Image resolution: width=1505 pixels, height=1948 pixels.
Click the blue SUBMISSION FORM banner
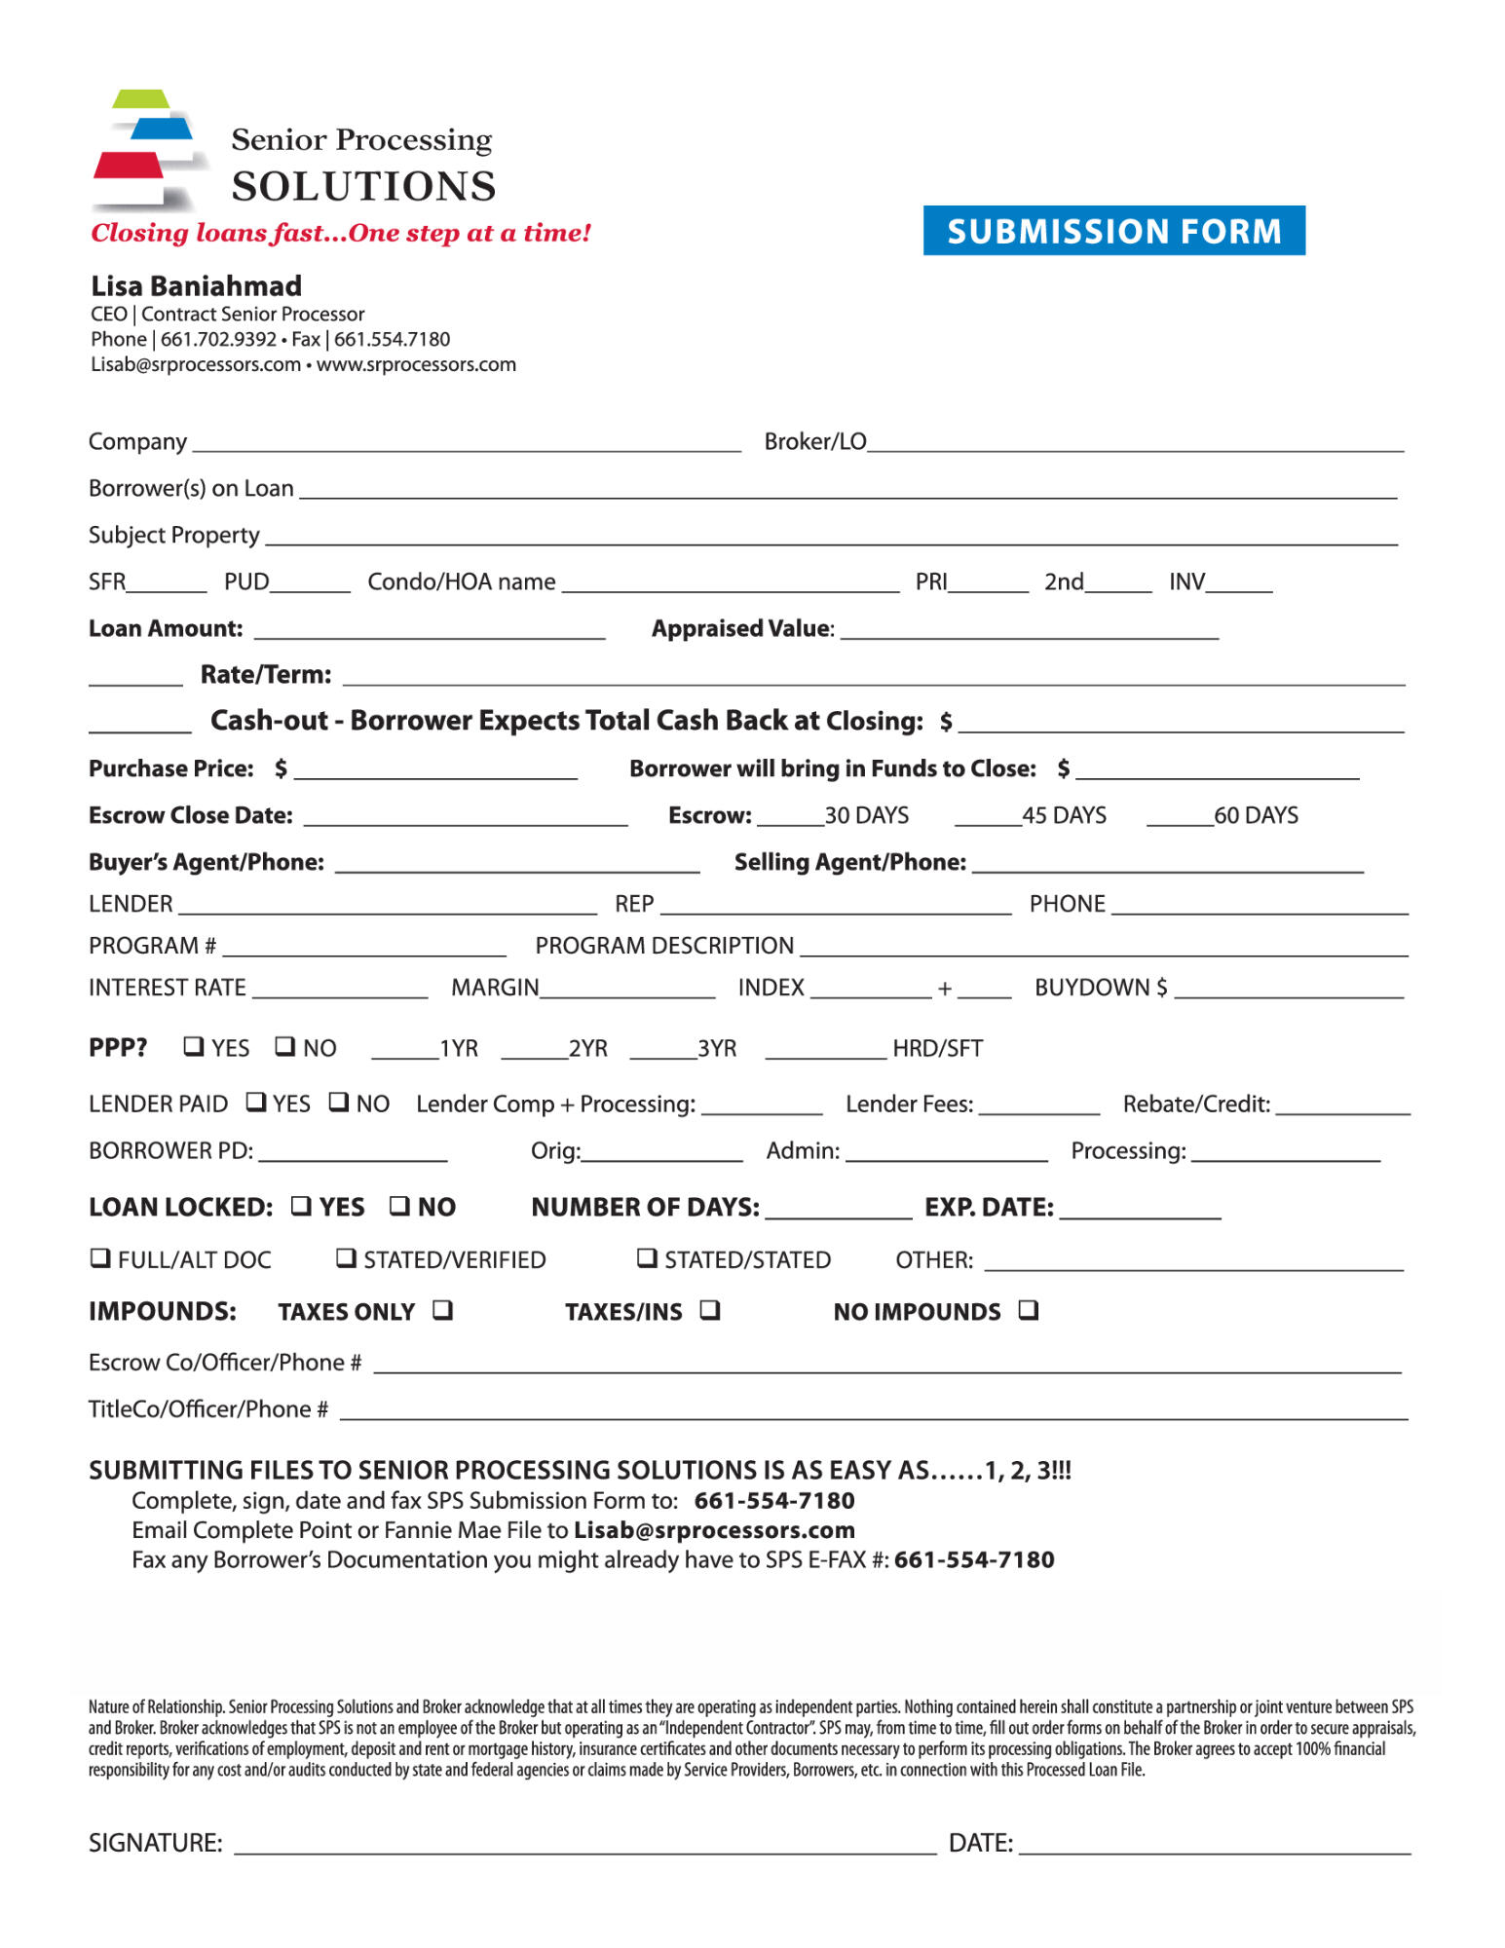click(x=1113, y=231)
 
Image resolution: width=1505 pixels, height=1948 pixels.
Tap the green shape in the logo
click(x=141, y=98)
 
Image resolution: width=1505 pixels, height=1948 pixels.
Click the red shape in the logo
click(x=129, y=165)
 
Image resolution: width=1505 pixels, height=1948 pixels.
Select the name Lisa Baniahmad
click(x=197, y=286)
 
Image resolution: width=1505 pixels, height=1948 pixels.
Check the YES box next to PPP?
click(x=194, y=1046)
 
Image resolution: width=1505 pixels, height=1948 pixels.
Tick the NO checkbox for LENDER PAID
click(x=339, y=1102)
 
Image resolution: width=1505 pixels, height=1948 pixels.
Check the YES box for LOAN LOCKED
click(x=302, y=1205)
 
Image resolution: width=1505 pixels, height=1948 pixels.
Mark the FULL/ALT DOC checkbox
click(x=99, y=1257)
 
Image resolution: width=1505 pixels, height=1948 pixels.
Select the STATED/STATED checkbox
click(x=647, y=1257)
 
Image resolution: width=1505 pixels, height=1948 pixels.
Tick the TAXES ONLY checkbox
click(x=443, y=1310)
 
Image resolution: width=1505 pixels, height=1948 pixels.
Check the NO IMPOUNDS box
click(x=1029, y=1310)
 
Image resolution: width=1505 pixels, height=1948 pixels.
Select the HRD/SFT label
click(x=937, y=1049)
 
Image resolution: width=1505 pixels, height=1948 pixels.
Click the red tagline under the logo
click(x=341, y=234)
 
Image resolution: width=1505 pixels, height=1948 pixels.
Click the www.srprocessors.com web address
click(x=416, y=365)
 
